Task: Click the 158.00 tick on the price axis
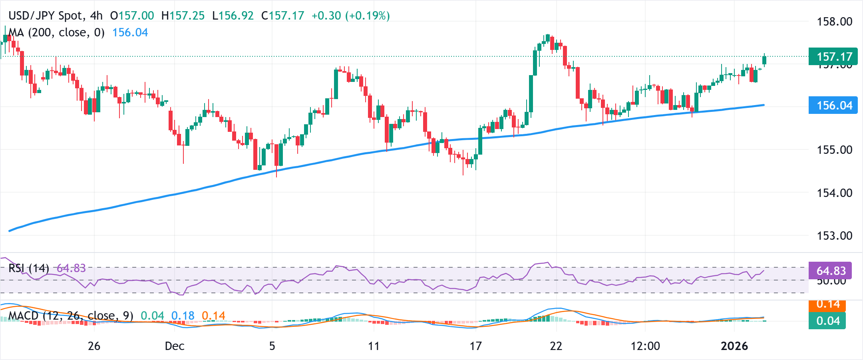[x=834, y=22]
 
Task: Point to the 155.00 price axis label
[x=834, y=150]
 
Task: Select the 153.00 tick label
[x=834, y=236]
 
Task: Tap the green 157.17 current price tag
[x=833, y=57]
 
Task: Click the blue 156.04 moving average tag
[x=833, y=105]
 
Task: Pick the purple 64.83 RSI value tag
[x=830, y=271]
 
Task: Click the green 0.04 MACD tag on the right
[x=827, y=321]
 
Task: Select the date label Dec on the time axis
[x=174, y=346]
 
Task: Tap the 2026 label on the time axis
[x=734, y=346]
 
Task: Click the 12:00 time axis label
[x=645, y=346]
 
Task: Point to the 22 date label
[x=556, y=346]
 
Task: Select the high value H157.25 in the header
[x=183, y=16]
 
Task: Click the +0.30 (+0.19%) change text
[x=350, y=16]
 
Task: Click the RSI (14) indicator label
[x=29, y=268]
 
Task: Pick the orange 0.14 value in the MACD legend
[x=213, y=316]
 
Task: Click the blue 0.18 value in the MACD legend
[x=183, y=316]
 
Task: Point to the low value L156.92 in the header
[x=233, y=16]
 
